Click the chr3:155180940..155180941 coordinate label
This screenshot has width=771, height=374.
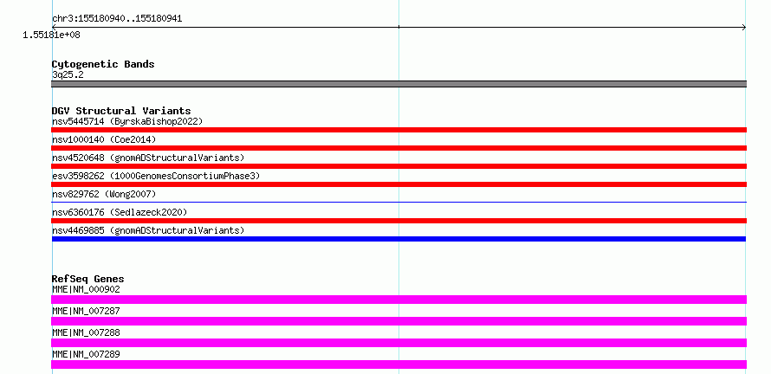[x=117, y=19]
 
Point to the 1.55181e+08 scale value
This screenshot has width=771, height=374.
[x=52, y=35]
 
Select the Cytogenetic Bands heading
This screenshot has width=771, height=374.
[x=103, y=64]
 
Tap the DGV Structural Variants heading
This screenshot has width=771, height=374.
[x=121, y=111]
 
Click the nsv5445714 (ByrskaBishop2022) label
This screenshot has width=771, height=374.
[x=127, y=121]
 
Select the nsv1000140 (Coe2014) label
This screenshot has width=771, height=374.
[x=104, y=139]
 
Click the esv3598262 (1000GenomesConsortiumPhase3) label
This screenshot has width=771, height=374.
[x=156, y=176]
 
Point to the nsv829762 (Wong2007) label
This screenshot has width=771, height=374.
[x=104, y=194]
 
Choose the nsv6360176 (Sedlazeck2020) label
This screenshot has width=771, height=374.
[x=120, y=212]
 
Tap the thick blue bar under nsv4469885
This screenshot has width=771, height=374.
[x=398, y=239]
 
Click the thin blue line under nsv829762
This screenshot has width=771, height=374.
[x=398, y=202]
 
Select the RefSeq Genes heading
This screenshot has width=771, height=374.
[x=87, y=279]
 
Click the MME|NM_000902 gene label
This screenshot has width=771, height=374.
[x=86, y=289]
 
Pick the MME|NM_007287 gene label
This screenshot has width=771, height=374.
[x=86, y=311]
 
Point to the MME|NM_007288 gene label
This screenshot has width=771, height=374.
[x=86, y=332]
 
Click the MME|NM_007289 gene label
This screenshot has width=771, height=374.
[x=86, y=354]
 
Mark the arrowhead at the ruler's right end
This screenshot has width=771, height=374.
[x=744, y=28]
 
